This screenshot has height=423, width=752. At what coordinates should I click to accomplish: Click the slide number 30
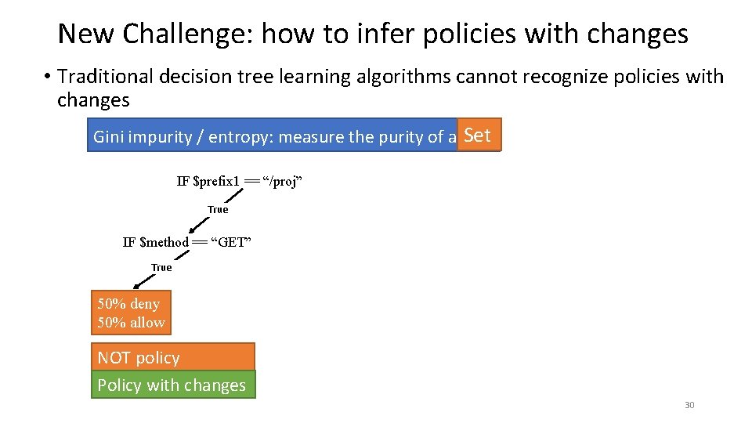(x=689, y=405)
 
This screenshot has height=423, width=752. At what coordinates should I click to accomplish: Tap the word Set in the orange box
(x=477, y=135)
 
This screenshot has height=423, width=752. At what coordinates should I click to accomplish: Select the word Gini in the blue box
(x=109, y=137)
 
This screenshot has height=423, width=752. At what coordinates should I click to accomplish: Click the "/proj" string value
(x=282, y=182)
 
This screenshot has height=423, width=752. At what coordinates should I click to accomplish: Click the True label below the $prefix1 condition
(x=218, y=209)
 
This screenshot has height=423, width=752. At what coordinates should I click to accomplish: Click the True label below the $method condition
(x=161, y=267)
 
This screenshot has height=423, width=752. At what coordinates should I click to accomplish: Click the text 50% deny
(x=128, y=304)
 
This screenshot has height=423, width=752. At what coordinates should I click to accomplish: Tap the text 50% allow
(x=131, y=323)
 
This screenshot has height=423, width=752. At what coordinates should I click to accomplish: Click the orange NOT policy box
(x=173, y=357)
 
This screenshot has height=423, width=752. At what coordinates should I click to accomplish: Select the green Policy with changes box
(x=173, y=385)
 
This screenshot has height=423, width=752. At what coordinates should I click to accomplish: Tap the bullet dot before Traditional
(x=47, y=77)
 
